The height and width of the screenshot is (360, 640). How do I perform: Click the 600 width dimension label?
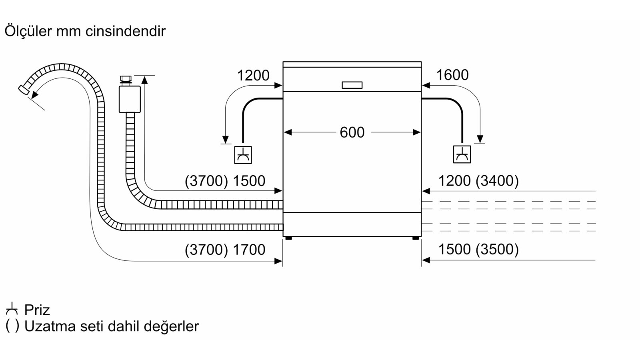pos(352,132)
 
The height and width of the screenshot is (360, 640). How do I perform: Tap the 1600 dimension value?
pos(452,75)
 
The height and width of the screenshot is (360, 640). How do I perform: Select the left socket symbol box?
pos(243,155)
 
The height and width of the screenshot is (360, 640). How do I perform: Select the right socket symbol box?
pos(462,154)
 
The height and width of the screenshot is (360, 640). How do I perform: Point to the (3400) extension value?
pos(497,181)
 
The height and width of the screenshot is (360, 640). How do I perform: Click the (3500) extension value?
pos(497,250)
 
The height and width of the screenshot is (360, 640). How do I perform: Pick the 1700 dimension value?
pos(249,250)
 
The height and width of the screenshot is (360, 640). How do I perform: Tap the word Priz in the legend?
pos(37,310)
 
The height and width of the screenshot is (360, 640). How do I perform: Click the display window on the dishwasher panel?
pos(352,85)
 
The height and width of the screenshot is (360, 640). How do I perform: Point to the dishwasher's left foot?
pos(288,238)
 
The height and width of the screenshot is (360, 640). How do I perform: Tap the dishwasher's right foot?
pos(416,238)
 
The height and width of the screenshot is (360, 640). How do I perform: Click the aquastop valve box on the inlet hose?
pos(130,99)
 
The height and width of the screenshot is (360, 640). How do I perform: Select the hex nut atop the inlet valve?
pos(126,78)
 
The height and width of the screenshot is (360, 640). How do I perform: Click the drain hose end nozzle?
pos(24,90)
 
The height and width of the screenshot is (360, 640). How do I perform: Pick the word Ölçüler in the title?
pos(28,31)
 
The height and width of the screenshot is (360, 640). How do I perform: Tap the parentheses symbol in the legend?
pos(12,326)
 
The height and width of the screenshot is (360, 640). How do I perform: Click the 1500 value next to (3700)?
pos(249,181)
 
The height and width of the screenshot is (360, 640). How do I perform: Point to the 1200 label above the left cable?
pos(253,76)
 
